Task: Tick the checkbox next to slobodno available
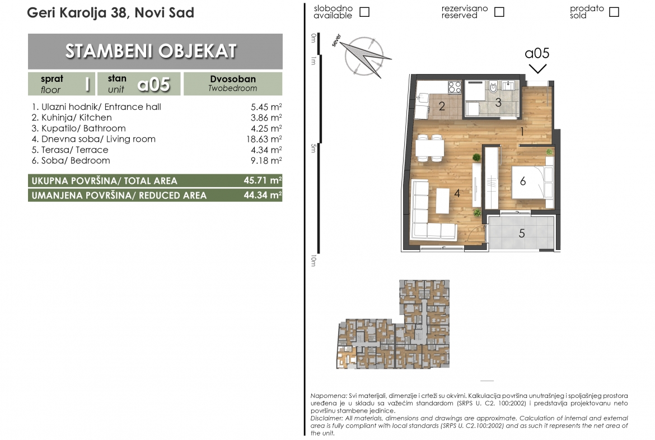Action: click(364, 12)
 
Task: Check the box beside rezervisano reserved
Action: click(499, 12)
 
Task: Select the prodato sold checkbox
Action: click(614, 12)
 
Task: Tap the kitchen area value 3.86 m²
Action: click(266, 118)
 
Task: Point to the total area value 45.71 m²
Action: click(263, 180)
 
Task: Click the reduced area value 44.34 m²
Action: click(263, 195)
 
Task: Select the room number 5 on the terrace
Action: click(522, 233)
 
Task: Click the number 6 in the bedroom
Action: click(522, 181)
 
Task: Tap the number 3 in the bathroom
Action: click(498, 103)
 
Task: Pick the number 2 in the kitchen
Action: click(442, 106)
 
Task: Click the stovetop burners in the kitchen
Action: click(455, 87)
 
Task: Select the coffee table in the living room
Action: click(443, 201)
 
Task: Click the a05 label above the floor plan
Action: click(537, 54)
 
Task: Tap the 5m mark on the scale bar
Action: click(314, 148)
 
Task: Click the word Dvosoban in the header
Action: click(233, 79)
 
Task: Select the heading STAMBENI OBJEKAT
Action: click(151, 51)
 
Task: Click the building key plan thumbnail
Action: click(393, 325)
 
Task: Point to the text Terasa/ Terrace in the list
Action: click(74, 150)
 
